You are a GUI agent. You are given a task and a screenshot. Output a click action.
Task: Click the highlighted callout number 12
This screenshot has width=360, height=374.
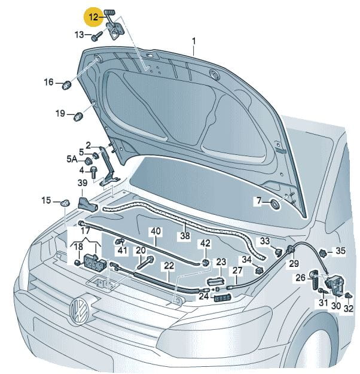coord(93,17)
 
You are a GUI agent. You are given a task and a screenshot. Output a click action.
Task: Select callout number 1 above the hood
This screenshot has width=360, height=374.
coord(194,41)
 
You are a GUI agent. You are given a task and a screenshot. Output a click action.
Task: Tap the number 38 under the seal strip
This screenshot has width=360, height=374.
coord(185,236)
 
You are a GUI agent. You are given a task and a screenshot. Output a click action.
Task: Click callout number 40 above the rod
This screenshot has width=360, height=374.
coord(155,231)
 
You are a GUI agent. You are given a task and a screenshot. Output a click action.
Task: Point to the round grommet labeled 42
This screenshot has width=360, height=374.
coord(205,262)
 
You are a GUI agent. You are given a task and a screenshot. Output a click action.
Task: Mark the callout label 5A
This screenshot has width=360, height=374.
coord(71,159)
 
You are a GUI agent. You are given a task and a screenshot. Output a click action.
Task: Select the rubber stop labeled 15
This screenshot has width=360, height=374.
coord(65,202)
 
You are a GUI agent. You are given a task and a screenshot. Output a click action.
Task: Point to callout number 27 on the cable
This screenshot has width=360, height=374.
coord(237,270)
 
